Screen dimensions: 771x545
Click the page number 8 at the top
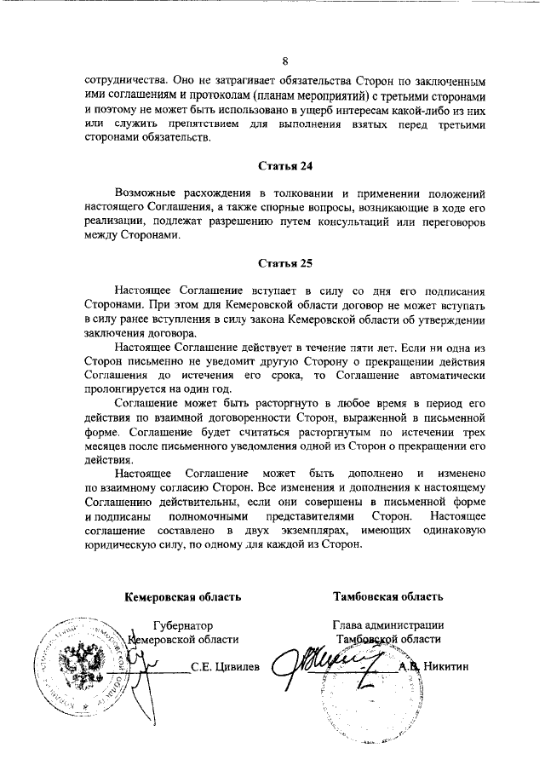[284, 61]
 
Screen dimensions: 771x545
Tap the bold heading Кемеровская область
[183, 596]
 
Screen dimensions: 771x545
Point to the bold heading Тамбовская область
[388, 596]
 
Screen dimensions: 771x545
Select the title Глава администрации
[388, 624]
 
